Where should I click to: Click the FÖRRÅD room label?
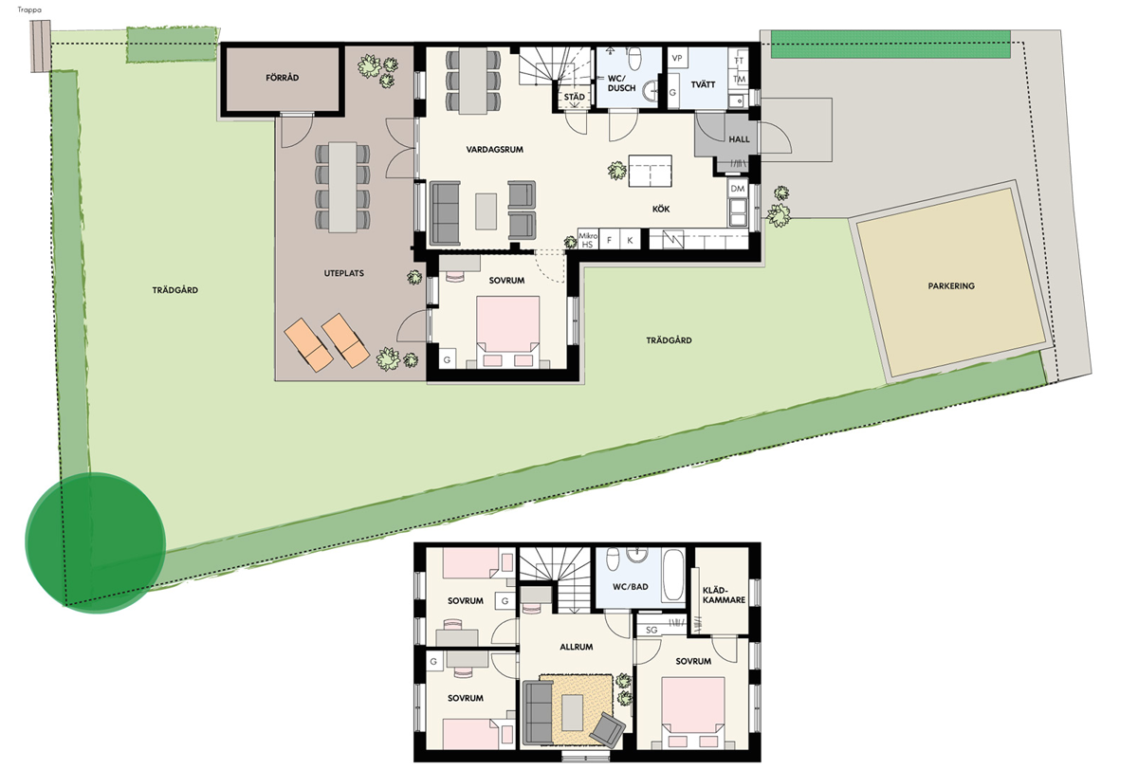(x=282, y=78)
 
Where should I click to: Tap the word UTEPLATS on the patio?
(x=344, y=273)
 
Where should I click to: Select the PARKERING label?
(x=951, y=286)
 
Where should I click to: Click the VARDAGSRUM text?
(x=494, y=149)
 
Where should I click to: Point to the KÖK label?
(x=660, y=209)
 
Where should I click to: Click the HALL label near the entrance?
(x=739, y=139)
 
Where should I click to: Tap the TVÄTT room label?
(x=703, y=84)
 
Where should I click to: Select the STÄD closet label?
(x=574, y=97)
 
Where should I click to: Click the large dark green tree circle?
(x=96, y=542)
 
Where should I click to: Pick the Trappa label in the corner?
(x=29, y=9)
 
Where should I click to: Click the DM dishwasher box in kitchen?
(x=737, y=189)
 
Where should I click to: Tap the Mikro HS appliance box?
(x=587, y=240)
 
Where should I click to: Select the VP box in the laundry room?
(x=677, y=58)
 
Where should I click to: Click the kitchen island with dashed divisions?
(x=650, y=172)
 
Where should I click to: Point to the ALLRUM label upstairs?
(x=577, y=647)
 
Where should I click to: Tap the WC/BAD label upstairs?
(x=630, y=587)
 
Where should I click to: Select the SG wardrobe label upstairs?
(x=652, y=630)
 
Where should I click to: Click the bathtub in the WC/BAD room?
(x=673, y=576)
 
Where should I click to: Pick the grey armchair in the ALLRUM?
(x=607, y=730)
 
